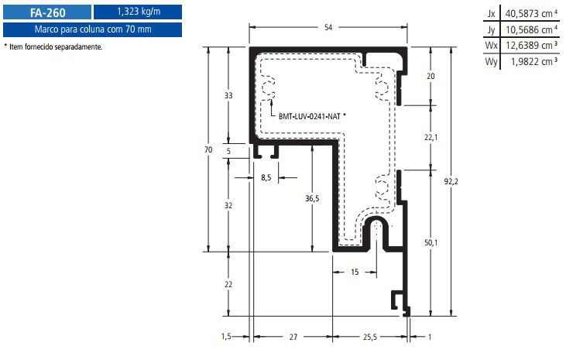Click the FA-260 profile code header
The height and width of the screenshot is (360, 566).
pos(48,12)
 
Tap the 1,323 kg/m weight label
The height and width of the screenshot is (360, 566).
pos(139,12)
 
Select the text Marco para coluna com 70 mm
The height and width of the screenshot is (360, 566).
pos(93,29)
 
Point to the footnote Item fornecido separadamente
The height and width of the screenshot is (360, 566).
pos(56,46)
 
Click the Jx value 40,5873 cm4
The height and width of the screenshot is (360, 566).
pos(531,14)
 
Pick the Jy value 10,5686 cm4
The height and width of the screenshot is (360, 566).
pos(531,29)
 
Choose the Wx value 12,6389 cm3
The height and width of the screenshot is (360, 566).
pos(531,46)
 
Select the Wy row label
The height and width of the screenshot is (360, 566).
pos(491,61)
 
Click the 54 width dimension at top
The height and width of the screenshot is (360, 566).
pos(328,27)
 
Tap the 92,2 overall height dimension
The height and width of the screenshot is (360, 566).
pos(451,181)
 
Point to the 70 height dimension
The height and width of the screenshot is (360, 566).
pos(208,149)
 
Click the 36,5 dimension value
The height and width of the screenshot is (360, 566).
pos(312,198)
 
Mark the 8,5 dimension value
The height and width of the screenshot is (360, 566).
pos(266,177)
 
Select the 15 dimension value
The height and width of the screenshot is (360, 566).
pos(355,272)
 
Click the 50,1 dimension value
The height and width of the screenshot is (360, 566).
pos(431,242)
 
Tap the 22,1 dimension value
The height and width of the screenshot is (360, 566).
pos(431,137)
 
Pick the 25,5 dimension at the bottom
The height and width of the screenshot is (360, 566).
pos(370,337)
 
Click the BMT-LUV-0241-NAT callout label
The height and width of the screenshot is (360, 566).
pos(310,116)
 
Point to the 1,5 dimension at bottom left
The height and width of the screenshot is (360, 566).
pos(226,337)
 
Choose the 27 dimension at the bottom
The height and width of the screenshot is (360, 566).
pos(293,337)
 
